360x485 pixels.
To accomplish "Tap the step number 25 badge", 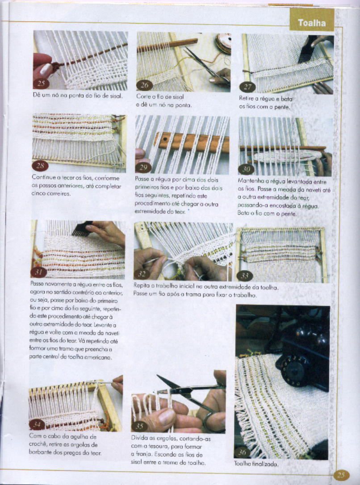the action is click(41, 83).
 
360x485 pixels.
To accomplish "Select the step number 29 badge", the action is click(143, 167).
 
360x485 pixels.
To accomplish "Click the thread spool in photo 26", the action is click(224, 43).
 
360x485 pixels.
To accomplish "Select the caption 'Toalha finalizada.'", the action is click(256, 464).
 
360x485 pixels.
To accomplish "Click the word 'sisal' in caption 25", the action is click(116, 96).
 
